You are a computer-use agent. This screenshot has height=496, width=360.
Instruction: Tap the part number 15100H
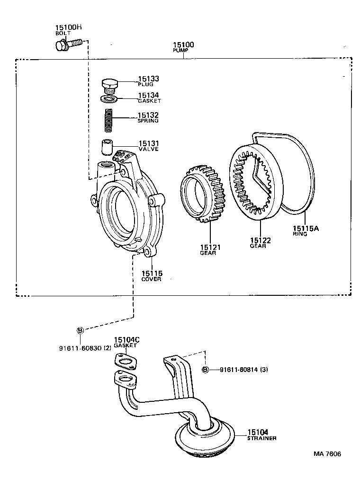(x=69, y=28)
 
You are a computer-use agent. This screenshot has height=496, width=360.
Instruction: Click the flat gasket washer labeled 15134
(x=110, y=99)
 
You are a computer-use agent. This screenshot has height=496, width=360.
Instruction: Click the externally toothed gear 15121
(x=202, y=194)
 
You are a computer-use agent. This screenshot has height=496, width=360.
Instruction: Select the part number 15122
(x=261, y=240)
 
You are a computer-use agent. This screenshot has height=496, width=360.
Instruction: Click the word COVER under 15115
(x=151, y=279)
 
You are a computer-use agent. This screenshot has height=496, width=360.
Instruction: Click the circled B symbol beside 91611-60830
(x=80, y=330)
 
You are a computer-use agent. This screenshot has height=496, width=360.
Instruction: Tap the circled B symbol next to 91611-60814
(x=206, y=370)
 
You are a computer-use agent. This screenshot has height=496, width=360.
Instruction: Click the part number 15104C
(x=126, y=340)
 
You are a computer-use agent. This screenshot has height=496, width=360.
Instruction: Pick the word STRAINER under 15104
(x=262, y=438)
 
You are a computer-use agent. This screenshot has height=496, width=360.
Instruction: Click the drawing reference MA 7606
(x=327, y=454)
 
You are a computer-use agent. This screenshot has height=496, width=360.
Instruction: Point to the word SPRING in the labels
(x=148, y=121)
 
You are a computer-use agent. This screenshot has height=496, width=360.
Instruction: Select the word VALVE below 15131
(x=148, y=149)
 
